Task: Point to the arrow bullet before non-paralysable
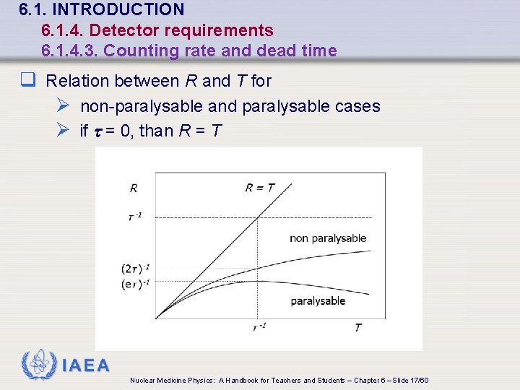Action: [x=63, y=106]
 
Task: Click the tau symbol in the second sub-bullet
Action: [x=98, y=132]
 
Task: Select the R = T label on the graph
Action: [x=259, y=188]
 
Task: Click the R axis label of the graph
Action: [x=134, y=188]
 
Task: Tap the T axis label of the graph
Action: [x=357, y=328]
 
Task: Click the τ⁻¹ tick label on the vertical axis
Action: [x=134, y=217]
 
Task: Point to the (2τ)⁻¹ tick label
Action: [x=136, y=269]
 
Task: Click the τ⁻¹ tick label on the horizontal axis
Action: [x=259, y=327]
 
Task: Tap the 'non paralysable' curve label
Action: [x=328, y=238]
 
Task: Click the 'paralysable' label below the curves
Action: [x=318, y=301]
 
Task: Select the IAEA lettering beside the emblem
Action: [x=86, y=365]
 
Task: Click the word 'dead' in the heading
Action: [x=285, y=51]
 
